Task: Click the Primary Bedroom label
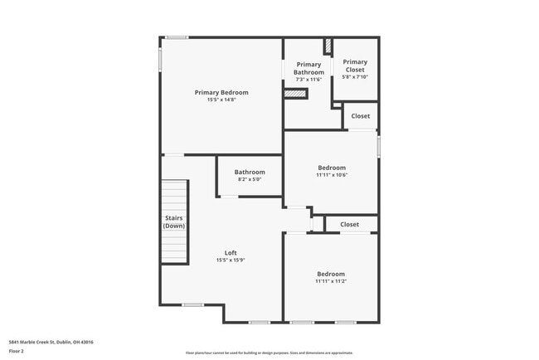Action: tap(221, 92)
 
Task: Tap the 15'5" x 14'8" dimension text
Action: tap(221, 100)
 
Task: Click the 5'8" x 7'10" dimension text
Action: tap(355, 77)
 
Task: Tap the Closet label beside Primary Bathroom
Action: tap(361, 116)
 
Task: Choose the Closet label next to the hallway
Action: tap(349, 224)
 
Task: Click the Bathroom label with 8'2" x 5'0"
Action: tap(250, 172)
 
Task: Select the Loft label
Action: tap(231, 253)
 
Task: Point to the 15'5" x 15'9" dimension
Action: tap(231, 260)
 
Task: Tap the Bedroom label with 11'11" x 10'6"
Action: tap(331, 168)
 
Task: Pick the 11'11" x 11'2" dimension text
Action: tap(330, 281)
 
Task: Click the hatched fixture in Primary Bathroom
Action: tap(295, 94)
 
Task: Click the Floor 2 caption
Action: tap(17, 351)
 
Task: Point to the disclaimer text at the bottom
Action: tap(269, 352)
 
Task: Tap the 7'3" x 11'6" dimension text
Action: tap(308, 80)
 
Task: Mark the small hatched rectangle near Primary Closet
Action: tap(328, 45)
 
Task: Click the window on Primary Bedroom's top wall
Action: tap(176, 37)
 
